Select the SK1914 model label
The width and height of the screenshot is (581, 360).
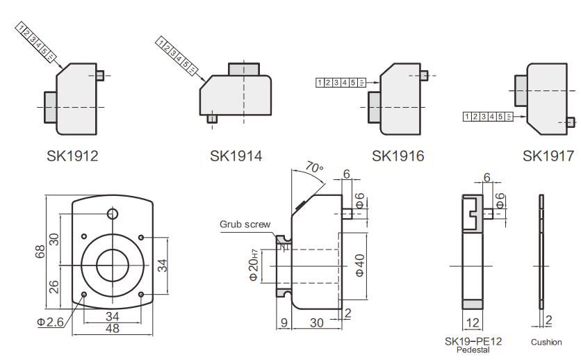coord(236,156)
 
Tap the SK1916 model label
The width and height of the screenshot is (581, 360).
coord(398,156)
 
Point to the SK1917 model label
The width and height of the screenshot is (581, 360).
coord(548,156)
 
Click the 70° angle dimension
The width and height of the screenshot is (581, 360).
coord(314,169)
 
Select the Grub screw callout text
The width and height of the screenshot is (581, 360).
coord(245,224)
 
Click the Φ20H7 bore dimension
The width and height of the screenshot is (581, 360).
coord(254,265)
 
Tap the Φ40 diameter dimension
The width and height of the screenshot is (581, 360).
coord(359,265)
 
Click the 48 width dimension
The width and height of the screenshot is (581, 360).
coord(111,328)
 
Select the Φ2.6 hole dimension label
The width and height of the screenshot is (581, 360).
coord(51,322)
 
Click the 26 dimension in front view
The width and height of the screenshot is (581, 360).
coord(55,286)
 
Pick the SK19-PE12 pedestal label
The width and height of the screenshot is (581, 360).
coord(473,341)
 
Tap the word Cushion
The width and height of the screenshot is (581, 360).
coord(546,342)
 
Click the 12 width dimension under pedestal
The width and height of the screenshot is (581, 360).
coord(473,322)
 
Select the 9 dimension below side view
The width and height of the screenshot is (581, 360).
coord(283,322)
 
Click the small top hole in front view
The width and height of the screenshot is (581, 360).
coord(113,213)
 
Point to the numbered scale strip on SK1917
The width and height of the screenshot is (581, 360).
coord(488,116)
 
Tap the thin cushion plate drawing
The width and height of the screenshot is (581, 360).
coord(541,252)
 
